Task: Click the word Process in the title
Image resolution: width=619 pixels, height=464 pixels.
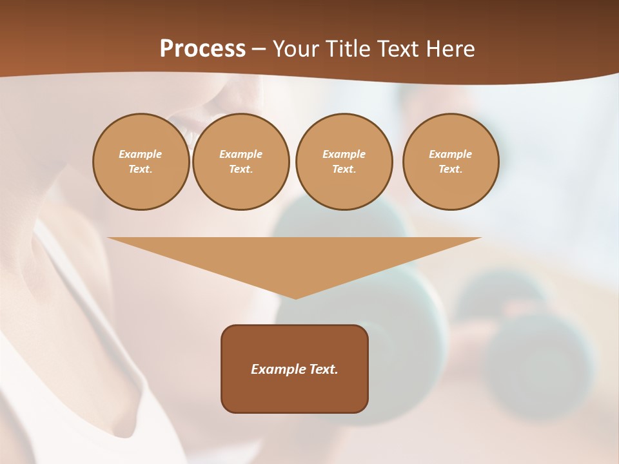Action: pyautogui.click(x=202, y=49)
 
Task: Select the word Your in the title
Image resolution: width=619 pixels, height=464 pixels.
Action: pyautogui.click(x=295, y=49)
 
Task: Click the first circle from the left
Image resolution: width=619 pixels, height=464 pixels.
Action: pyautogui.click(x=141, y=162)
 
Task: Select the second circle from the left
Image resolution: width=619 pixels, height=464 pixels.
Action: pyautogui.click(x=241, y=162)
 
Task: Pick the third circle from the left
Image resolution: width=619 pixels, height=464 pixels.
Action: pyautogui.click(x=344, y=162)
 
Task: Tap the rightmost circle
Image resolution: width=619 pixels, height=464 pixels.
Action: pyautogui.click(x=451, y=162)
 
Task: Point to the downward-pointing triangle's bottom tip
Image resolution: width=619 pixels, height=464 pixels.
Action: pyautogui.click(x=295, y=298)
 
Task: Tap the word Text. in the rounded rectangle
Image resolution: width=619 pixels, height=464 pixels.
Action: pyautogui.click(x=324, y=369)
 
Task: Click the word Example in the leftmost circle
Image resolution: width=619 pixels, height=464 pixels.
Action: pyautogui.click(x=141, y=155)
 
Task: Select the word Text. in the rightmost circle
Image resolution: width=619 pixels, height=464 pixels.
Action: pyautogui.click(x=451, y=169)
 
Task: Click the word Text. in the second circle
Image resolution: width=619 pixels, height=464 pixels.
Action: pyautogui.click(x=241, y=169)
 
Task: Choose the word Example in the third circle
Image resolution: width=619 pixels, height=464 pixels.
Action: pyautogui.click(x=344, y=155)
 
